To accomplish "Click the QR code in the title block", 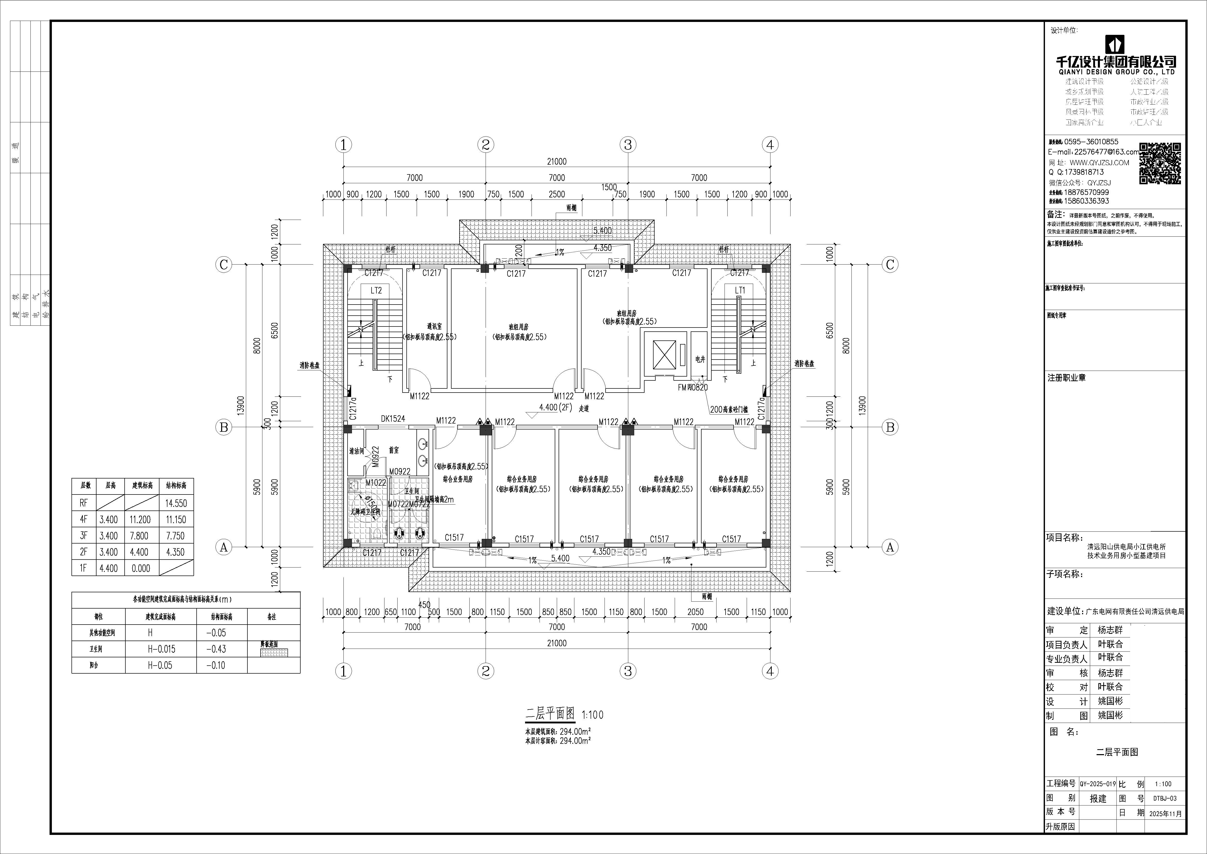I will (1160, 164).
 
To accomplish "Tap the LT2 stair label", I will (376, 290).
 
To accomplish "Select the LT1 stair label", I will (740, 290).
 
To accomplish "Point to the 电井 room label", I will (700, 359).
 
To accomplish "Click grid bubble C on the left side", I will (223, 265).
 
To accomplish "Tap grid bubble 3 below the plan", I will (628, 671).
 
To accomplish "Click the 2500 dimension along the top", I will (557, 194).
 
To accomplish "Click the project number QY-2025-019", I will (1097, 784).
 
